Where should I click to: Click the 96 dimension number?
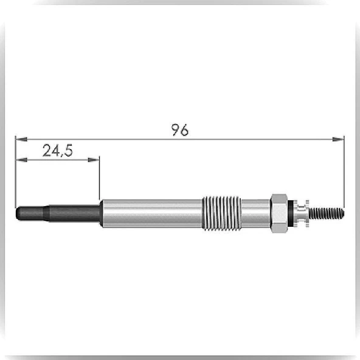coord(180,130)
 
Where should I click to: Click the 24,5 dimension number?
coord(58,150)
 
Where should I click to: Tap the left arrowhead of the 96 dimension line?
coord(21,139)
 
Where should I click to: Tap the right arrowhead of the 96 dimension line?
coord(338,139)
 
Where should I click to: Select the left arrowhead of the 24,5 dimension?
coord(21,160)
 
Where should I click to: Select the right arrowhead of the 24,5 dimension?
coord(94,160)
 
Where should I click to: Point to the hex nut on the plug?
coord(279,213)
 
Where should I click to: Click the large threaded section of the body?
coord(221,213)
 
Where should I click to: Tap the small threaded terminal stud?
coord(326,213)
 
